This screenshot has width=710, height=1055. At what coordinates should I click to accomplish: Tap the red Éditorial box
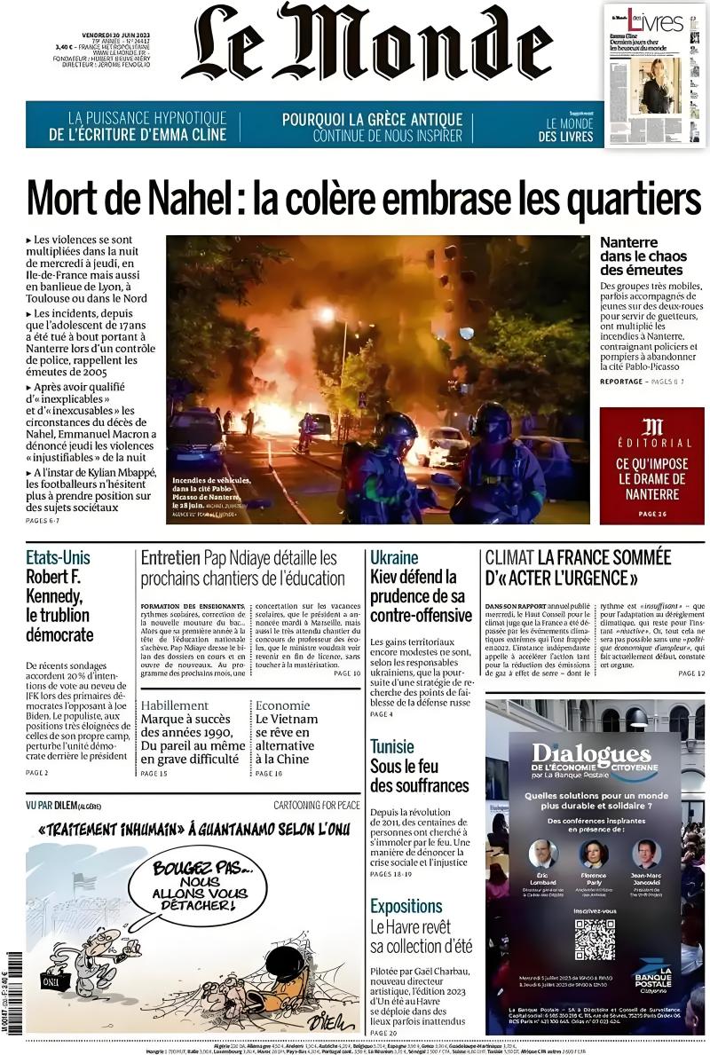point(651,465)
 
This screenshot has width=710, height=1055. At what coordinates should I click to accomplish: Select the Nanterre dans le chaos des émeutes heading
point(643,256)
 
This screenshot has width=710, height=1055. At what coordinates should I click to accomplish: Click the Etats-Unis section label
point(58,558)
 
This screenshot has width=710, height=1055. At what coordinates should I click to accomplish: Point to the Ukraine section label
point(394,558)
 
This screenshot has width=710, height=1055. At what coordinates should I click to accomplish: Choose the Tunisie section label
point(392,745)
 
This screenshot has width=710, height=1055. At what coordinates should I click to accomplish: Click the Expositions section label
point(406,906)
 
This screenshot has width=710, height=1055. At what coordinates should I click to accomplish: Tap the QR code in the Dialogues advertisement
point(594,940)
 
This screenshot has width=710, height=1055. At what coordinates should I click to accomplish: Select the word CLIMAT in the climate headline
point(509,558)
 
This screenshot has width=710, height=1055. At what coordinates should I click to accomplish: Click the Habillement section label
point(175,705)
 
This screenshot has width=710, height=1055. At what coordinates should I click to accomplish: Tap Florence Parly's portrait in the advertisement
point(594,854)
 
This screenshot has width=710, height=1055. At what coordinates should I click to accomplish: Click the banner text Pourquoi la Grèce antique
point(373,119)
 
